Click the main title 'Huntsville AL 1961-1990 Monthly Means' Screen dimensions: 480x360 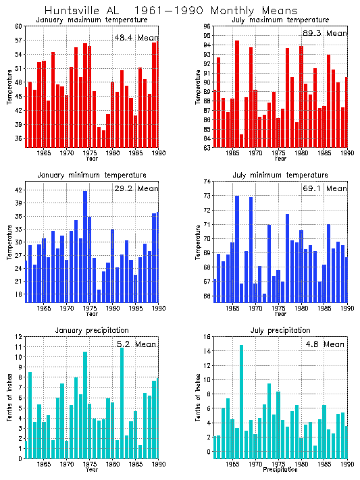point(170,11)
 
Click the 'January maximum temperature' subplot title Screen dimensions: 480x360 point(87,21)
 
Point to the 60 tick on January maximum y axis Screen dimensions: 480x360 point(19,26)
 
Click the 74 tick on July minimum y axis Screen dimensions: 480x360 point(205,181)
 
